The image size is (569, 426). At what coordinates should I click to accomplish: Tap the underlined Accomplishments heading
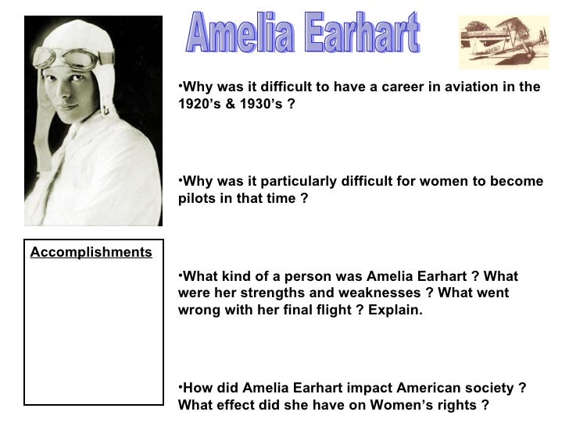click(91, 252)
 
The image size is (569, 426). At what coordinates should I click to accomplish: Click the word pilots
click(196, 198)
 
